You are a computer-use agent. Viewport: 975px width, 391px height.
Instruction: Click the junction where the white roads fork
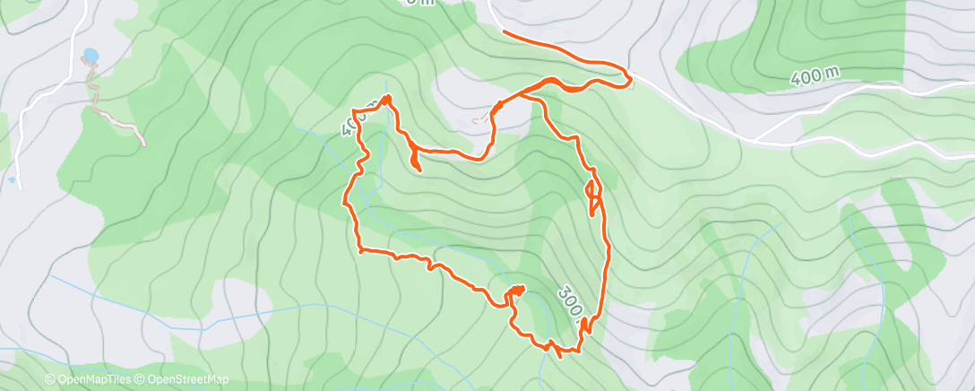tap(755, 140)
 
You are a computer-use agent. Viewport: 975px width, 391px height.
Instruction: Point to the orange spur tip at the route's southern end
tap(561, 356)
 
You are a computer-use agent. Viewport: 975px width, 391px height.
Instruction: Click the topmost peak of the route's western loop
tap(387, 96)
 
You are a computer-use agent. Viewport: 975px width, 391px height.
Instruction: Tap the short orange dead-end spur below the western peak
tap(418, 168)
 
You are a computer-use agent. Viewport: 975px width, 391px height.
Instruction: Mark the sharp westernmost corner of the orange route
tap(347, 201)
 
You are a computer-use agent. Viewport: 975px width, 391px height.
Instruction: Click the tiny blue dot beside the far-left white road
tap(11, 180)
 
